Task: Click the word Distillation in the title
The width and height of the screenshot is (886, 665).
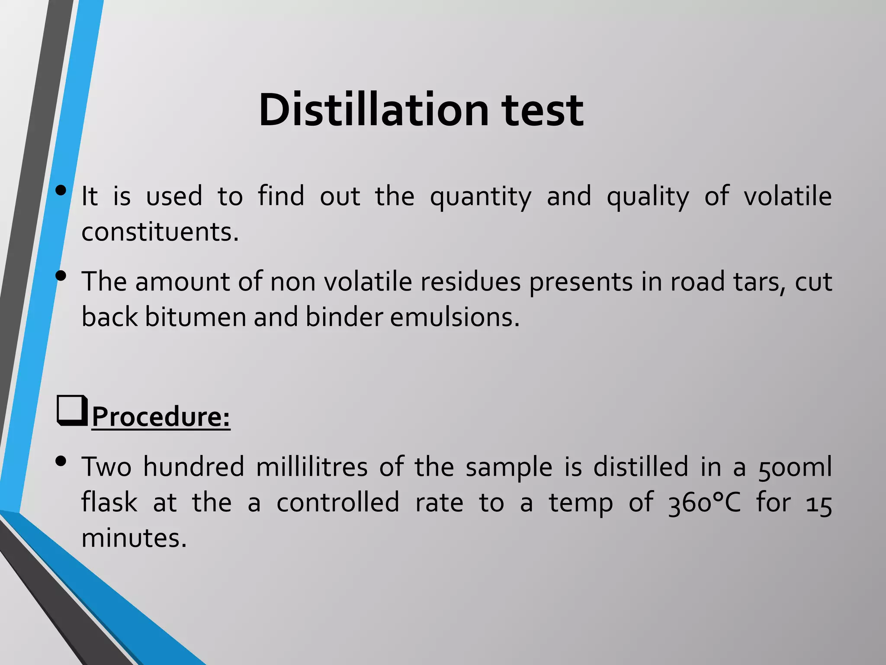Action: (x=373, y=110)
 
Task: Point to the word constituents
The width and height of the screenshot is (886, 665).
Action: (x=160, y=232)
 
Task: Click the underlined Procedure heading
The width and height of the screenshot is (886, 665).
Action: (x=161, y=417)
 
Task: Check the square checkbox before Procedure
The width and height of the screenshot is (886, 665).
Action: (x=72, y=410)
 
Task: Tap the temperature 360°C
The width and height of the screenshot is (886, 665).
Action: (x=704, y=504)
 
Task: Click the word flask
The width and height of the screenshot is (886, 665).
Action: (x=109, y=503)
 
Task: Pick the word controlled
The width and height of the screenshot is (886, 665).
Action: (x=337, y=503)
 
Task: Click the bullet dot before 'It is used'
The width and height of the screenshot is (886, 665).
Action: (x=61, y=190)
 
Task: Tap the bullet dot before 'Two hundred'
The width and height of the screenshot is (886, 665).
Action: (x=61, y=462)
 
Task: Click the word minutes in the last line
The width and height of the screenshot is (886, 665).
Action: (x=134, y=538)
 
